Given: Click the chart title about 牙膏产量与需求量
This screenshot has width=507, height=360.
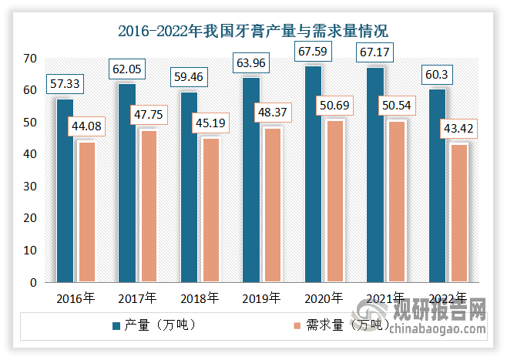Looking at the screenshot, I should (x=253, y=32).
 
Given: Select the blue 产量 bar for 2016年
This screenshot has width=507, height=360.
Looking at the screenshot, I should (x=65, y=190).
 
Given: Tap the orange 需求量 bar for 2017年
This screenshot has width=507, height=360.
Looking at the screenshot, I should (x=148, y=206).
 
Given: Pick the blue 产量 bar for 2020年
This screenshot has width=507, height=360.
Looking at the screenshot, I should (x=313, y=174).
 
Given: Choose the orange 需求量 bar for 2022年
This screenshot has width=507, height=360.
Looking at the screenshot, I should (x=458, y=213).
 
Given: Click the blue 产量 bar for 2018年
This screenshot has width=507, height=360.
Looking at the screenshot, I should (x=189, y=187).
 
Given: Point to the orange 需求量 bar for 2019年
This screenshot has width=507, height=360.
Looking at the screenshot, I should (x=272, y=205).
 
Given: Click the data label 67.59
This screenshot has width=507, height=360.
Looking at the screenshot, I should (x=313, y=52).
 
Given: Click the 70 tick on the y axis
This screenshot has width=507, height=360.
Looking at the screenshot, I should (x=30, y=59).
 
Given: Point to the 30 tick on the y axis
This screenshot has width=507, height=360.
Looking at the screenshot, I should (x=30, y=187).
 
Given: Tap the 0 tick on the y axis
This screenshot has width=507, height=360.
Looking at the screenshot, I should (x=33, y=283).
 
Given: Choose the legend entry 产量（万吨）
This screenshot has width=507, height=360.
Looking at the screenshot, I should (x=155, y=325).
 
